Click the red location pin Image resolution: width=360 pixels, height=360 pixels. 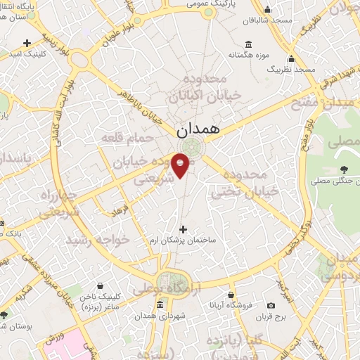point(181,164)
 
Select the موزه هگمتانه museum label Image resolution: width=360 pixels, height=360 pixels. point(250,53)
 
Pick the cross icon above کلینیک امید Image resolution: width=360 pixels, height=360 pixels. point(27,42)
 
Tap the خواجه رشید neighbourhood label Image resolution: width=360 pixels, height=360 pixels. point(98,240)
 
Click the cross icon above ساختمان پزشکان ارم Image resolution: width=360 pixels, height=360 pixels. point(184,229)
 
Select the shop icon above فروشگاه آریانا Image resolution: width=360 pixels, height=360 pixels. point(231,295)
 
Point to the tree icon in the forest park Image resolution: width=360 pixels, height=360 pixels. point(344,169)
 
